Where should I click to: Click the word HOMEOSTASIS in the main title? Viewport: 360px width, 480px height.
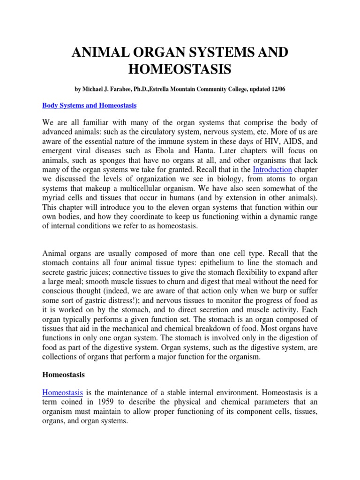(180, 69)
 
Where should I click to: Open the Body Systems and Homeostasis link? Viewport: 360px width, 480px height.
(89, 106)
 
